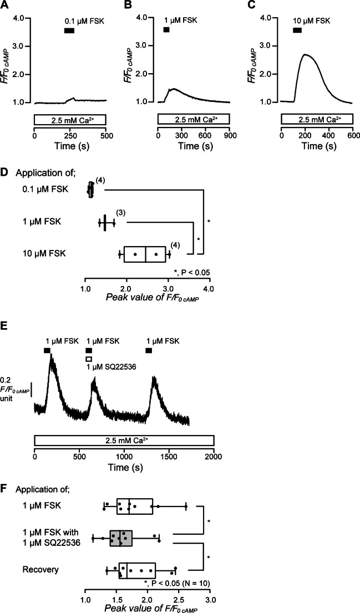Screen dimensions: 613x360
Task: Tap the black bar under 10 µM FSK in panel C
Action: [297, 30]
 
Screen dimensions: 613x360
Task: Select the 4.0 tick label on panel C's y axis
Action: [270, 18]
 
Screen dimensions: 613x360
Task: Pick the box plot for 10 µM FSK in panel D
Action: [145, 254]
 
